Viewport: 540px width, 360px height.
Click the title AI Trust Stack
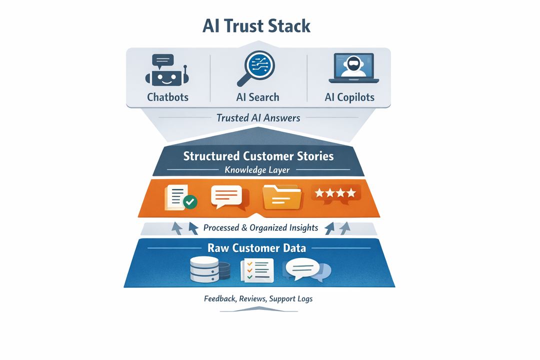point(256,25)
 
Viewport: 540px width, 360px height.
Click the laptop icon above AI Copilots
point(354,69)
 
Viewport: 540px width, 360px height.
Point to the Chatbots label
point(167,97)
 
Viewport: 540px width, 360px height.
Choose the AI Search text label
point(257,97)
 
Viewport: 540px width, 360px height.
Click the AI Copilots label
point(349,97)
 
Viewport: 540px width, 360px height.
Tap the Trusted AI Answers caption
point(258,118)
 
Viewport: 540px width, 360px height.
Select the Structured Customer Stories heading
point(258,156)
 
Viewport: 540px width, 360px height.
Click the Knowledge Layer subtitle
point(257,169)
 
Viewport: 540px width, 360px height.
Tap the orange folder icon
point(282,196)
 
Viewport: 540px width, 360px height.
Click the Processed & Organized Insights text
point(260,228)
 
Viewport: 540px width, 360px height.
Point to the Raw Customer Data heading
point(257,248)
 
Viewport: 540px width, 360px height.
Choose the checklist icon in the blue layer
point(257,269)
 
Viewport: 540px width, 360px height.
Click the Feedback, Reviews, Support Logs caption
point(258,299)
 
